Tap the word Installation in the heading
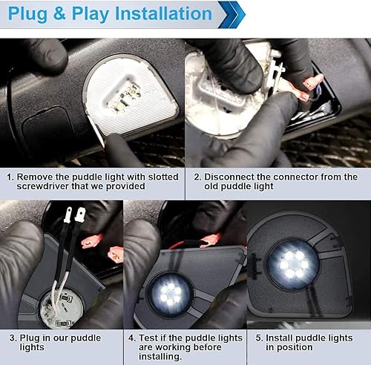[160, 13]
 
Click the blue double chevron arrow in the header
[231, 13]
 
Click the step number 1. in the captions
[10, 177]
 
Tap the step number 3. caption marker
[10, 338]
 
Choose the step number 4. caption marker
[132, 338]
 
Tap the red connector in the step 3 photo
[91, 240]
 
